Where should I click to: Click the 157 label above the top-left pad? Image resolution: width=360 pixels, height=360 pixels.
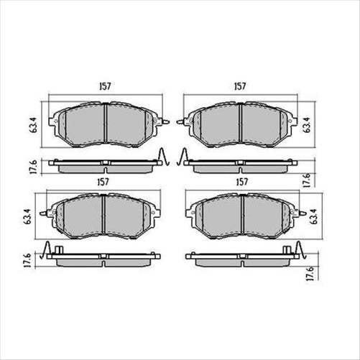point(104,87)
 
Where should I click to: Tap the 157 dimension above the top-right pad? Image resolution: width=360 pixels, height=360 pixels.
point(241,87)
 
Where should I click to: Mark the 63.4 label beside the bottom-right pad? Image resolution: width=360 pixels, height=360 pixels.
point(313,214)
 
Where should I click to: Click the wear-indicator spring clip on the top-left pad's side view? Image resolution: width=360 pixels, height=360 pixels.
point(164,157)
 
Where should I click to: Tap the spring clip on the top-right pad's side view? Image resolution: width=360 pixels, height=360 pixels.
point(185,157)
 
